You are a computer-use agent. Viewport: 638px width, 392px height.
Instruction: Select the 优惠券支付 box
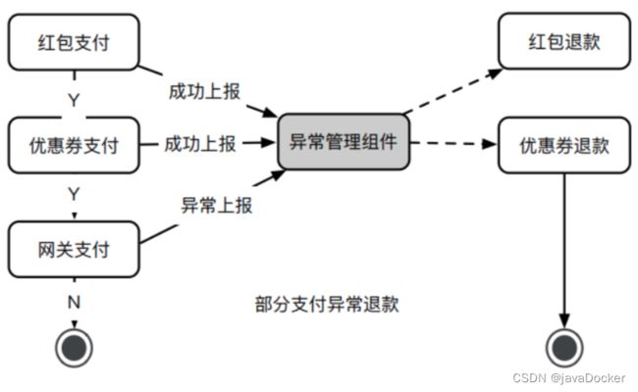pyautogui.click(x=75, y=146)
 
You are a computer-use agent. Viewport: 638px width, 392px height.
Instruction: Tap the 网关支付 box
pyautogui.click(x=73, y=249)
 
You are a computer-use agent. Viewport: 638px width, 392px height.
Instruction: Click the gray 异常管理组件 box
pyautogui.click(x=343, y=144)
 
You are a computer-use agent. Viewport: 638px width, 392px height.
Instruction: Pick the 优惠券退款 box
pyautogui.click(x=563, y=146)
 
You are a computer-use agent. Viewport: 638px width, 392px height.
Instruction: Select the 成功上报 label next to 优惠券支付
pyautogui.click(x=201, y=144)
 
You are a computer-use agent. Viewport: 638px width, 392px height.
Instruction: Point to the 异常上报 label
pyautogui.click(x=217, y=206)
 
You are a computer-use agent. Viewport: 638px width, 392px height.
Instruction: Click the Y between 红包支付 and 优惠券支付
pyautogui.click(x=73, y=98)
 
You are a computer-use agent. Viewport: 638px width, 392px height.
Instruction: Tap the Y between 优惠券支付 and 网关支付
pyautogui.click(x=73, y=194)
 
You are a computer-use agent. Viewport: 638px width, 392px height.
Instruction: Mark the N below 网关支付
pyautogui.click(x=73, y=302)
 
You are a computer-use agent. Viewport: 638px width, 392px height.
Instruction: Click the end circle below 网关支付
pyautogui.click(x=73, y=345)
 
